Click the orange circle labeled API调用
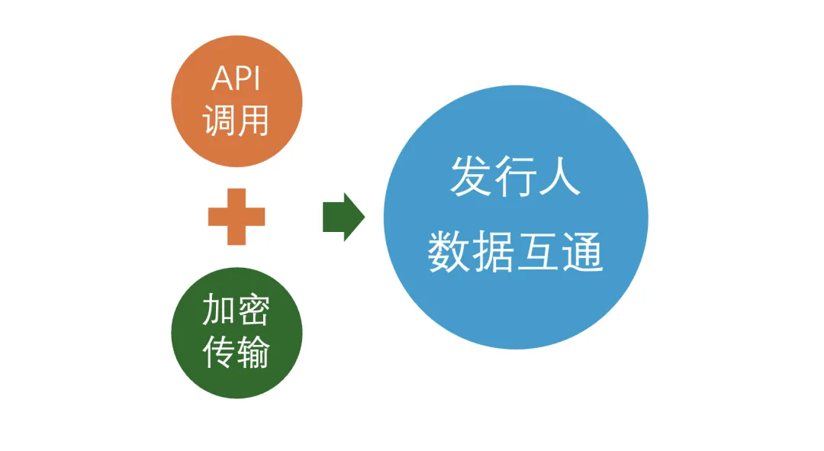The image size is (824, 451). coord(237,101)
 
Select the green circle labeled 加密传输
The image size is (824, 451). coord(237,332)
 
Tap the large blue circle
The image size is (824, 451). coord(516,217)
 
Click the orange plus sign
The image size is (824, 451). coord(237,217)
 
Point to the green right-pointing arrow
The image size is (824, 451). coord(343,217)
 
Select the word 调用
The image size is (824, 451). coord(237,121)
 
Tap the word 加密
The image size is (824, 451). coord(237,311)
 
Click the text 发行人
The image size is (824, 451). coord(516,178)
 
